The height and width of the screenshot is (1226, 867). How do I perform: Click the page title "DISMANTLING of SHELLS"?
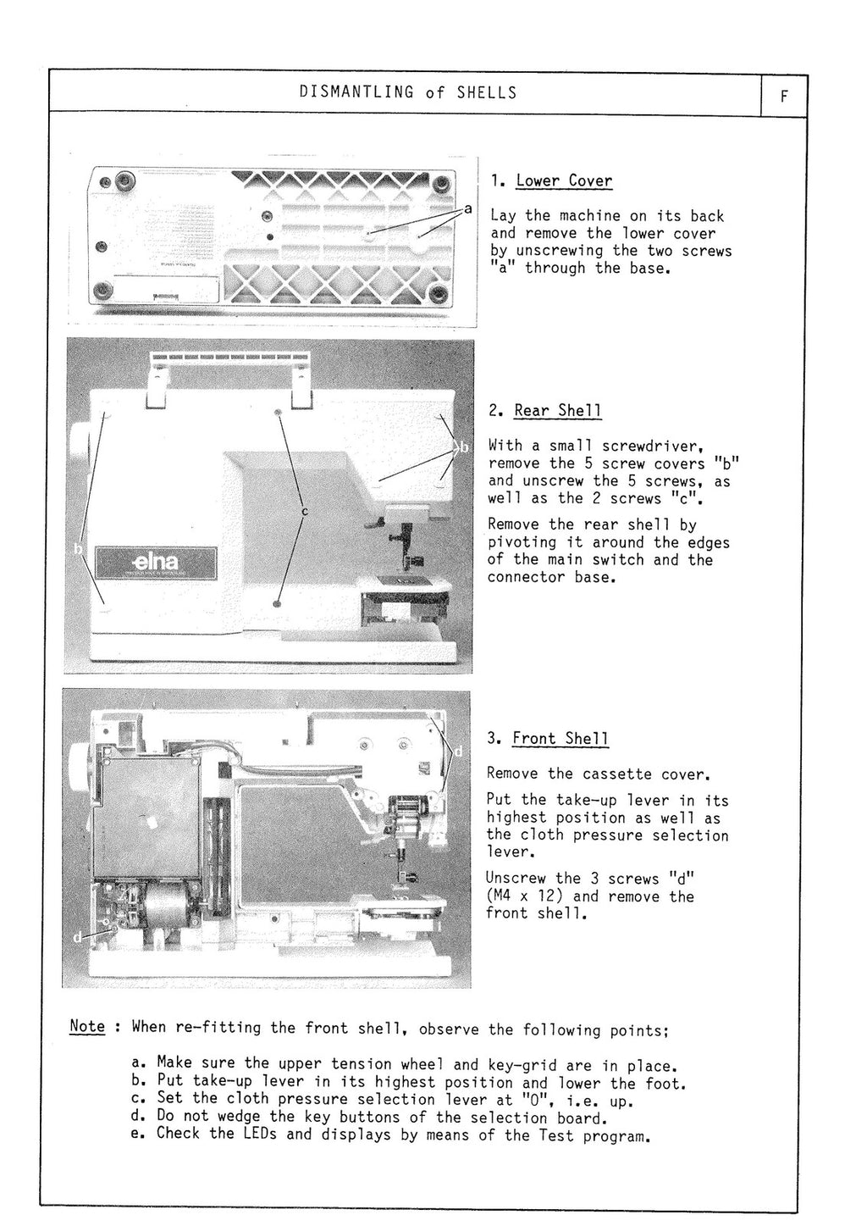[x=407, y=92]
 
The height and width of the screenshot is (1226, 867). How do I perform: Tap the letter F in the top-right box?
[x=784, y=96]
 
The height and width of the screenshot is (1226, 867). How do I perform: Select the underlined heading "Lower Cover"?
[x=564, y=180]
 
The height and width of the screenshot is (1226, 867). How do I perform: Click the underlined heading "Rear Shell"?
[x=558, y=410]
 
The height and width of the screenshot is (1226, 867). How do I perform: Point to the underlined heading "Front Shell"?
[x=560, y=738]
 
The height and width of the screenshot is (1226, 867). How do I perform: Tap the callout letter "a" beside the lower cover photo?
[x=467, y=208]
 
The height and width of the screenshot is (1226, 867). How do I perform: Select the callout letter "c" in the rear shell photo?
[x=304, y=511]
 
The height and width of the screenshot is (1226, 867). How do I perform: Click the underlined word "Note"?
[x=87, y=1026]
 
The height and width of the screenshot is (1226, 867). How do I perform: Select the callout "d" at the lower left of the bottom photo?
[x=77, y=937]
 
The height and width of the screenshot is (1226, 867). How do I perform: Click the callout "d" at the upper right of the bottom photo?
[x=458, y=751]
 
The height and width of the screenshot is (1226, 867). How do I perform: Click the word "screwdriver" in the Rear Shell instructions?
[x=649, y=446]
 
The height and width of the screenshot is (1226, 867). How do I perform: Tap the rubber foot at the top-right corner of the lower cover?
[x=441, y=184]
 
